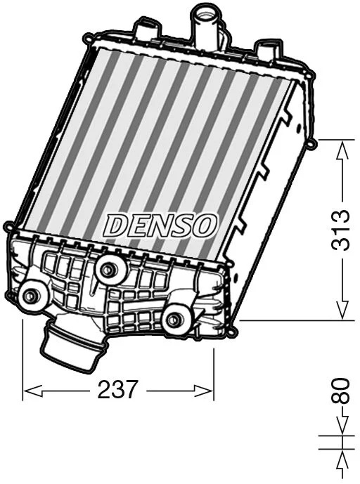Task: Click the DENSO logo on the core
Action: click(161, 225)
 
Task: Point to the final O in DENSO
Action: click(207, 225)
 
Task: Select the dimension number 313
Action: click(342, 230)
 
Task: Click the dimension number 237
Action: click(118, 389)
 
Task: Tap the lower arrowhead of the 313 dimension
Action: click(342, 311)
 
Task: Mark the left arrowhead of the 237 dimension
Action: click(30, 389)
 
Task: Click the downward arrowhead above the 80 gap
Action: click(342, 429)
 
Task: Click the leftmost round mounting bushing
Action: click(30, 296)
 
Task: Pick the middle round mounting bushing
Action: click(107, 270)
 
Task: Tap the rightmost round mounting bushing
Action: click(174, 320)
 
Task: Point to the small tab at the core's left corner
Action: click(8, 227)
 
